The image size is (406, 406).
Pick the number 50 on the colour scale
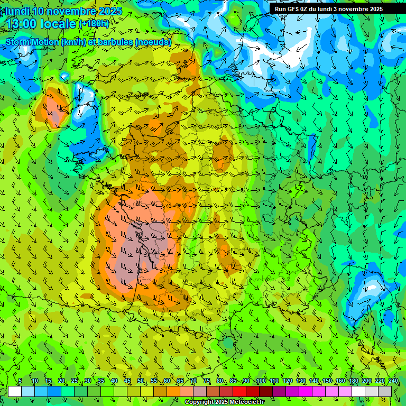click(140, 381)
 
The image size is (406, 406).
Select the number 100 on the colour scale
click(260, 381)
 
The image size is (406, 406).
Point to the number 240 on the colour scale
click(392, 381)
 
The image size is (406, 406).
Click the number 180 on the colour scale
click(353, 381)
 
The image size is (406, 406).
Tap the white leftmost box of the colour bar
click(15, 391)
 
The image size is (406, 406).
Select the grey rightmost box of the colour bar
click(385, 391)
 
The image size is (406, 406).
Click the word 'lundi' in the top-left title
click(17, 11)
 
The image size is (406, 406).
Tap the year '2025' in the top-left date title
click(110, 11)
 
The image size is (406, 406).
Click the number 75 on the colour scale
click(206, 381)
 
